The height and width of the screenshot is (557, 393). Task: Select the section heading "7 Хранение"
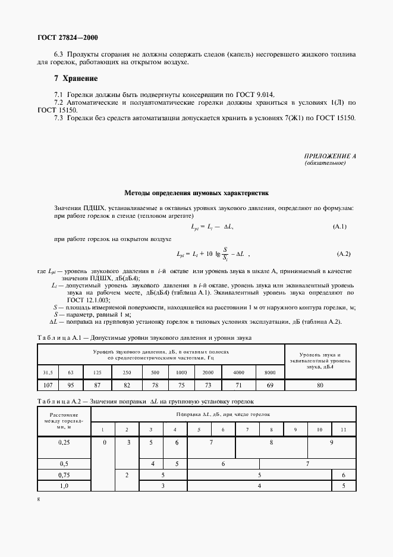coord(76,79)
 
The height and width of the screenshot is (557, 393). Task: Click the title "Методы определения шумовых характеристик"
coord(196,193)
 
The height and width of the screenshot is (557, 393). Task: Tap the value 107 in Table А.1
coord(48,386)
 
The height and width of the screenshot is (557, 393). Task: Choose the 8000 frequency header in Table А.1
coord(269,373)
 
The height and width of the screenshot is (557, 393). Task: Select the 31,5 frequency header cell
coord(48,373)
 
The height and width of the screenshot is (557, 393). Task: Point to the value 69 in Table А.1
coord(269,386)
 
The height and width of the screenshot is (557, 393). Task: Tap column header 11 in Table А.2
coord(343,429)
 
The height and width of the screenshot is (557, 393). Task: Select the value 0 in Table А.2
coord(105,443)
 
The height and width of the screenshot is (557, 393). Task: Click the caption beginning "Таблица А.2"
coord(145,402)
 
